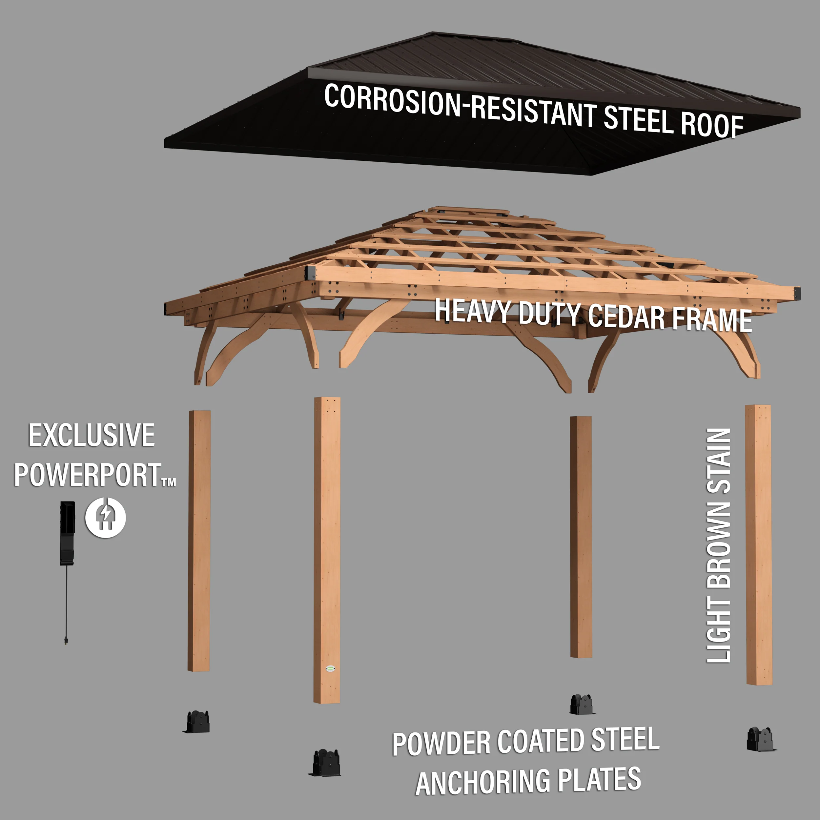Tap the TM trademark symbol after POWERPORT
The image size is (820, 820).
169,482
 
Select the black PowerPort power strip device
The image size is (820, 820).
67,533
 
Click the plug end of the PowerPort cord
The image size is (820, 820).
67,640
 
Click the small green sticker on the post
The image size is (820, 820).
331,669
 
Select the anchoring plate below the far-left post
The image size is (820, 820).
197,722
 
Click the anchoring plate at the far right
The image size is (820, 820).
761,739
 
